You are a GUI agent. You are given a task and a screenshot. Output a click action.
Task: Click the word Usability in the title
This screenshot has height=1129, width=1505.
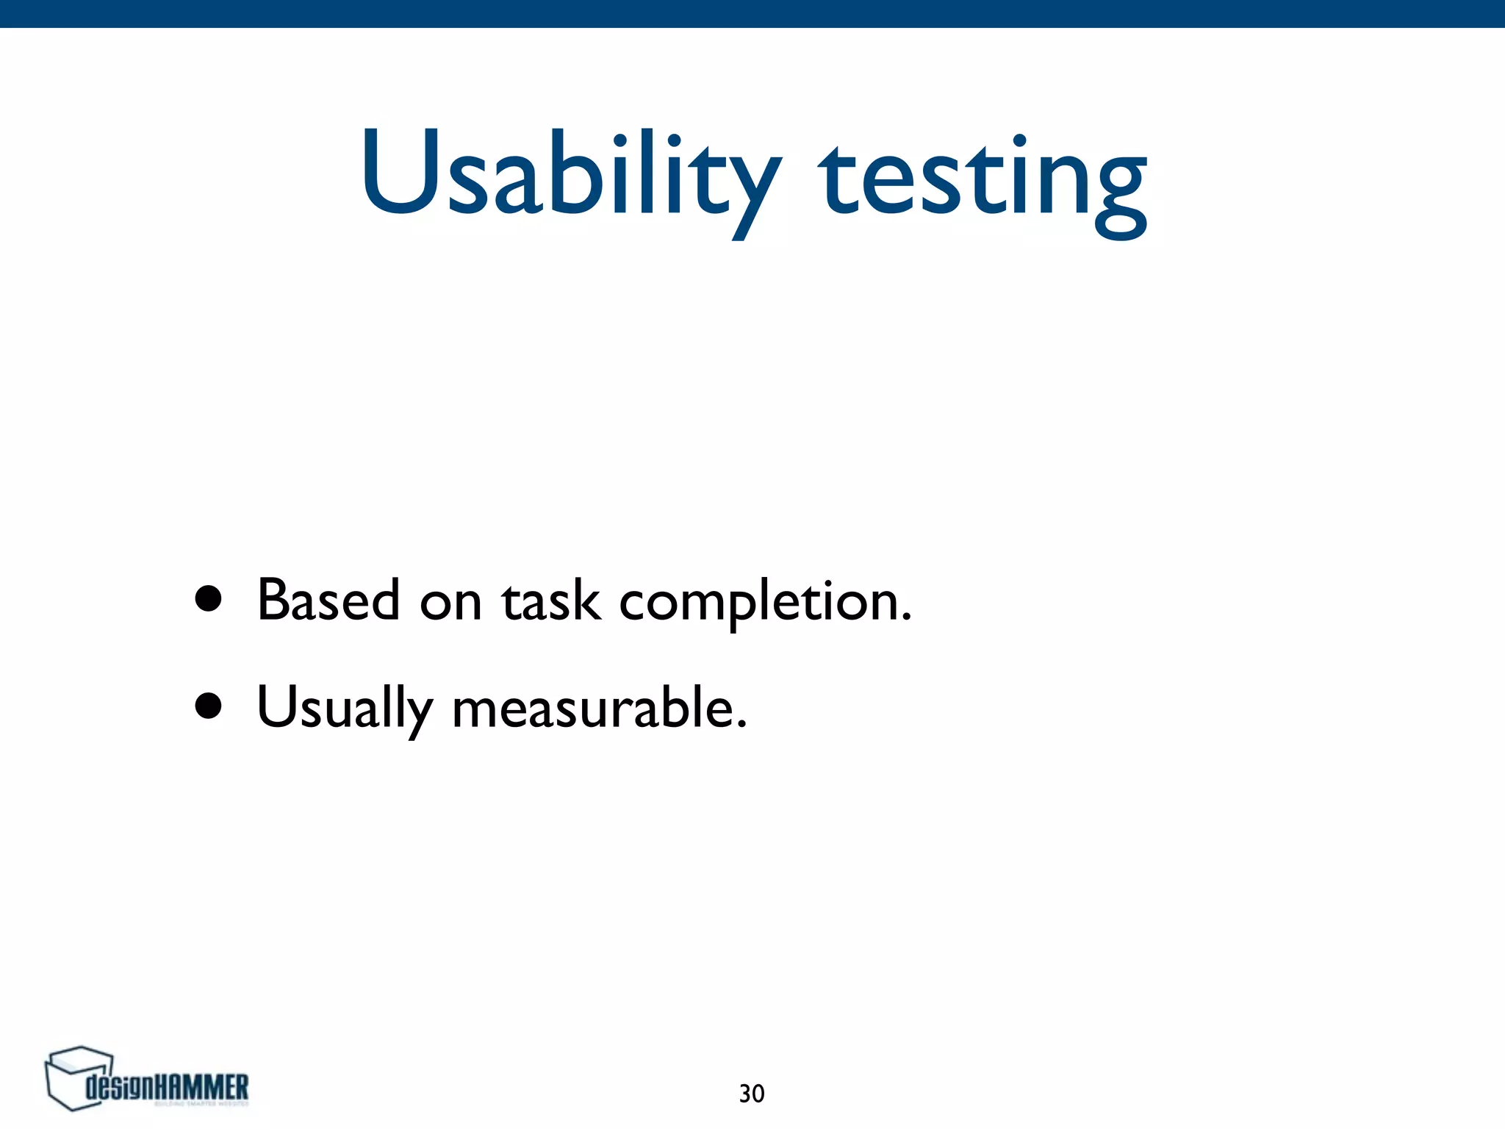click(x=570, y=176)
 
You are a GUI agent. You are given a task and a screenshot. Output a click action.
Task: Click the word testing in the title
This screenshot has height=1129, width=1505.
click(x=983, y=180)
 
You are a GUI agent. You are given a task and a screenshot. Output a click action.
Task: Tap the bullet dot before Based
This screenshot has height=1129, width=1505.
click(x=209, y=599)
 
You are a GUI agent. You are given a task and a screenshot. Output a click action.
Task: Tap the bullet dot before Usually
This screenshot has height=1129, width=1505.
click(x=209, y=706)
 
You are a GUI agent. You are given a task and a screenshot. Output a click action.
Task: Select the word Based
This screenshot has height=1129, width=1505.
click(x=328, y=600)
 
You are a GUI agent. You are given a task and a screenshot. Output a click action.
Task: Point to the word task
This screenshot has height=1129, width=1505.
click(x=550, y=601)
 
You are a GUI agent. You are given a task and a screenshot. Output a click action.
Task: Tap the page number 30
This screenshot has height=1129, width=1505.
click(x=752, y=1094)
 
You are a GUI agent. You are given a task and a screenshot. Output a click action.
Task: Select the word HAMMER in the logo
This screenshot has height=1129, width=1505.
click(x=204, y=1087)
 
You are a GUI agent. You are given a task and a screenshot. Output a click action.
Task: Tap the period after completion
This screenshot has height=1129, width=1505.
click(x=905, y=619)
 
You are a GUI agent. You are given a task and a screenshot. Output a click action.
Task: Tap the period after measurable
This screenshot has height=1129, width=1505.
click(x=741, y=725)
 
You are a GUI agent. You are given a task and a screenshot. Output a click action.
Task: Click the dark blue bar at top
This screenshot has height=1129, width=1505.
click(x=752, y=13)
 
